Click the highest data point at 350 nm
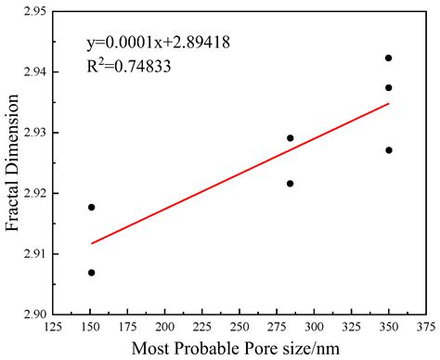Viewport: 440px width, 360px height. pos(388,58)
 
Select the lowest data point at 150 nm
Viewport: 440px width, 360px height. pos(91,272)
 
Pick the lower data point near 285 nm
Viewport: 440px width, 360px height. pos(290,183)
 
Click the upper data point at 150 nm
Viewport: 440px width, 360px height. pos(91,207)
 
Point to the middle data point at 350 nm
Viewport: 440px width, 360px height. pos(388,87)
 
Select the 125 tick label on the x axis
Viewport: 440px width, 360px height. pos(54,328)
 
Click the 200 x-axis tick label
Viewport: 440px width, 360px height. pos(165,328)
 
